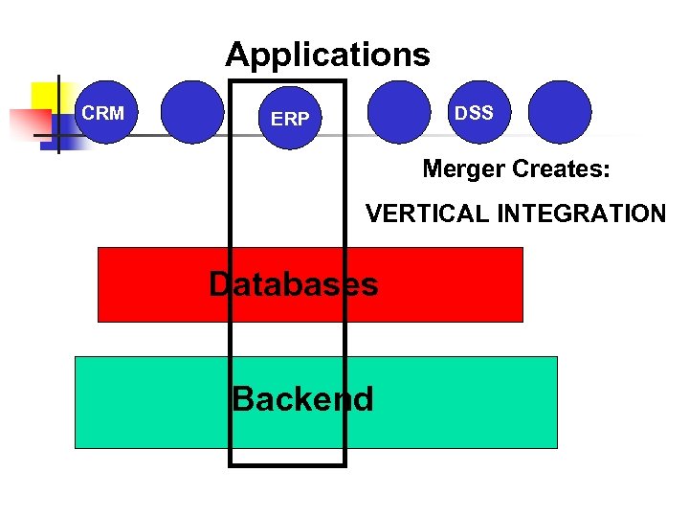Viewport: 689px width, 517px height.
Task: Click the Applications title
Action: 327,55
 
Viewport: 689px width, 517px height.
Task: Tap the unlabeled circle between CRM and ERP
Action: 191,112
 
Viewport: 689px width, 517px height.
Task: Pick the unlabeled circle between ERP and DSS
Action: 399,112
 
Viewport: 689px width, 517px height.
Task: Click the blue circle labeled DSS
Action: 474,113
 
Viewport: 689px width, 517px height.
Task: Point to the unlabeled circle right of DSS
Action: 560,112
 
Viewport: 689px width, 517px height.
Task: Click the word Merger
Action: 464,169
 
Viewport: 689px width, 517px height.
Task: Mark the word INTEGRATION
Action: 581,214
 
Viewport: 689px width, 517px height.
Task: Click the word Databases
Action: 293,283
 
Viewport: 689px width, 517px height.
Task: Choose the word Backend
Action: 302,398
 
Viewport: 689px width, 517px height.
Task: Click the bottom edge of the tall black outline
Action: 287,465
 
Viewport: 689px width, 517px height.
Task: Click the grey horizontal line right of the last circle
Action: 632,136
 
